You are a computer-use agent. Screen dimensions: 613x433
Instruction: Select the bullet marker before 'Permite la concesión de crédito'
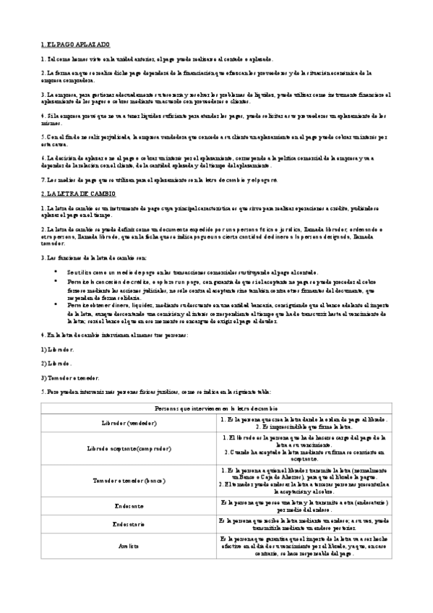coord(56,278)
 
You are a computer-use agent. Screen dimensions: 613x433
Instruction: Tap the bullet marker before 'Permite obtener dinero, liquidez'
coord(56,305)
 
